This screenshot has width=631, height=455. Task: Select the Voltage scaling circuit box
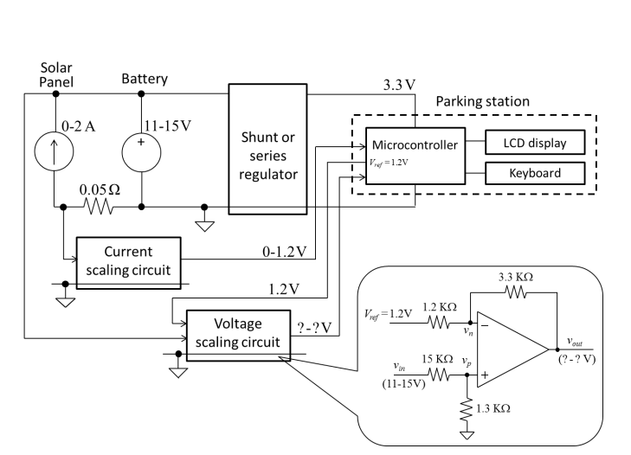235,331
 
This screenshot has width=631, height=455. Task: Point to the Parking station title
482,101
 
